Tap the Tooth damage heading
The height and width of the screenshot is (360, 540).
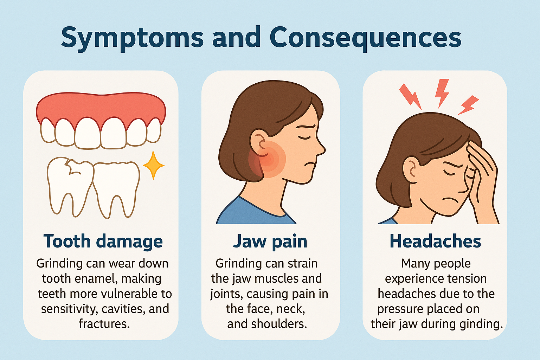tap(103, 242)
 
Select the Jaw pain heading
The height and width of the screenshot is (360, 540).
tap(270, 242)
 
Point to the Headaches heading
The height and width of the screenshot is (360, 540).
tap(435, 241)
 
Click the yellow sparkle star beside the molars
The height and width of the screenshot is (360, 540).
tap(154, 166)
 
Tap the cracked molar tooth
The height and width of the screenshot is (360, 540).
tap(70, 186)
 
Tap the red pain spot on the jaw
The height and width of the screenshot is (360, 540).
tap(267, 159)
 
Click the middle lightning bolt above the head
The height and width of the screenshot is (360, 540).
tap(442, 93)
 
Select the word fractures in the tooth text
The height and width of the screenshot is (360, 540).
tap(104, 324)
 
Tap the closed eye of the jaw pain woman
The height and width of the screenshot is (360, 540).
tap(304, 137)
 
